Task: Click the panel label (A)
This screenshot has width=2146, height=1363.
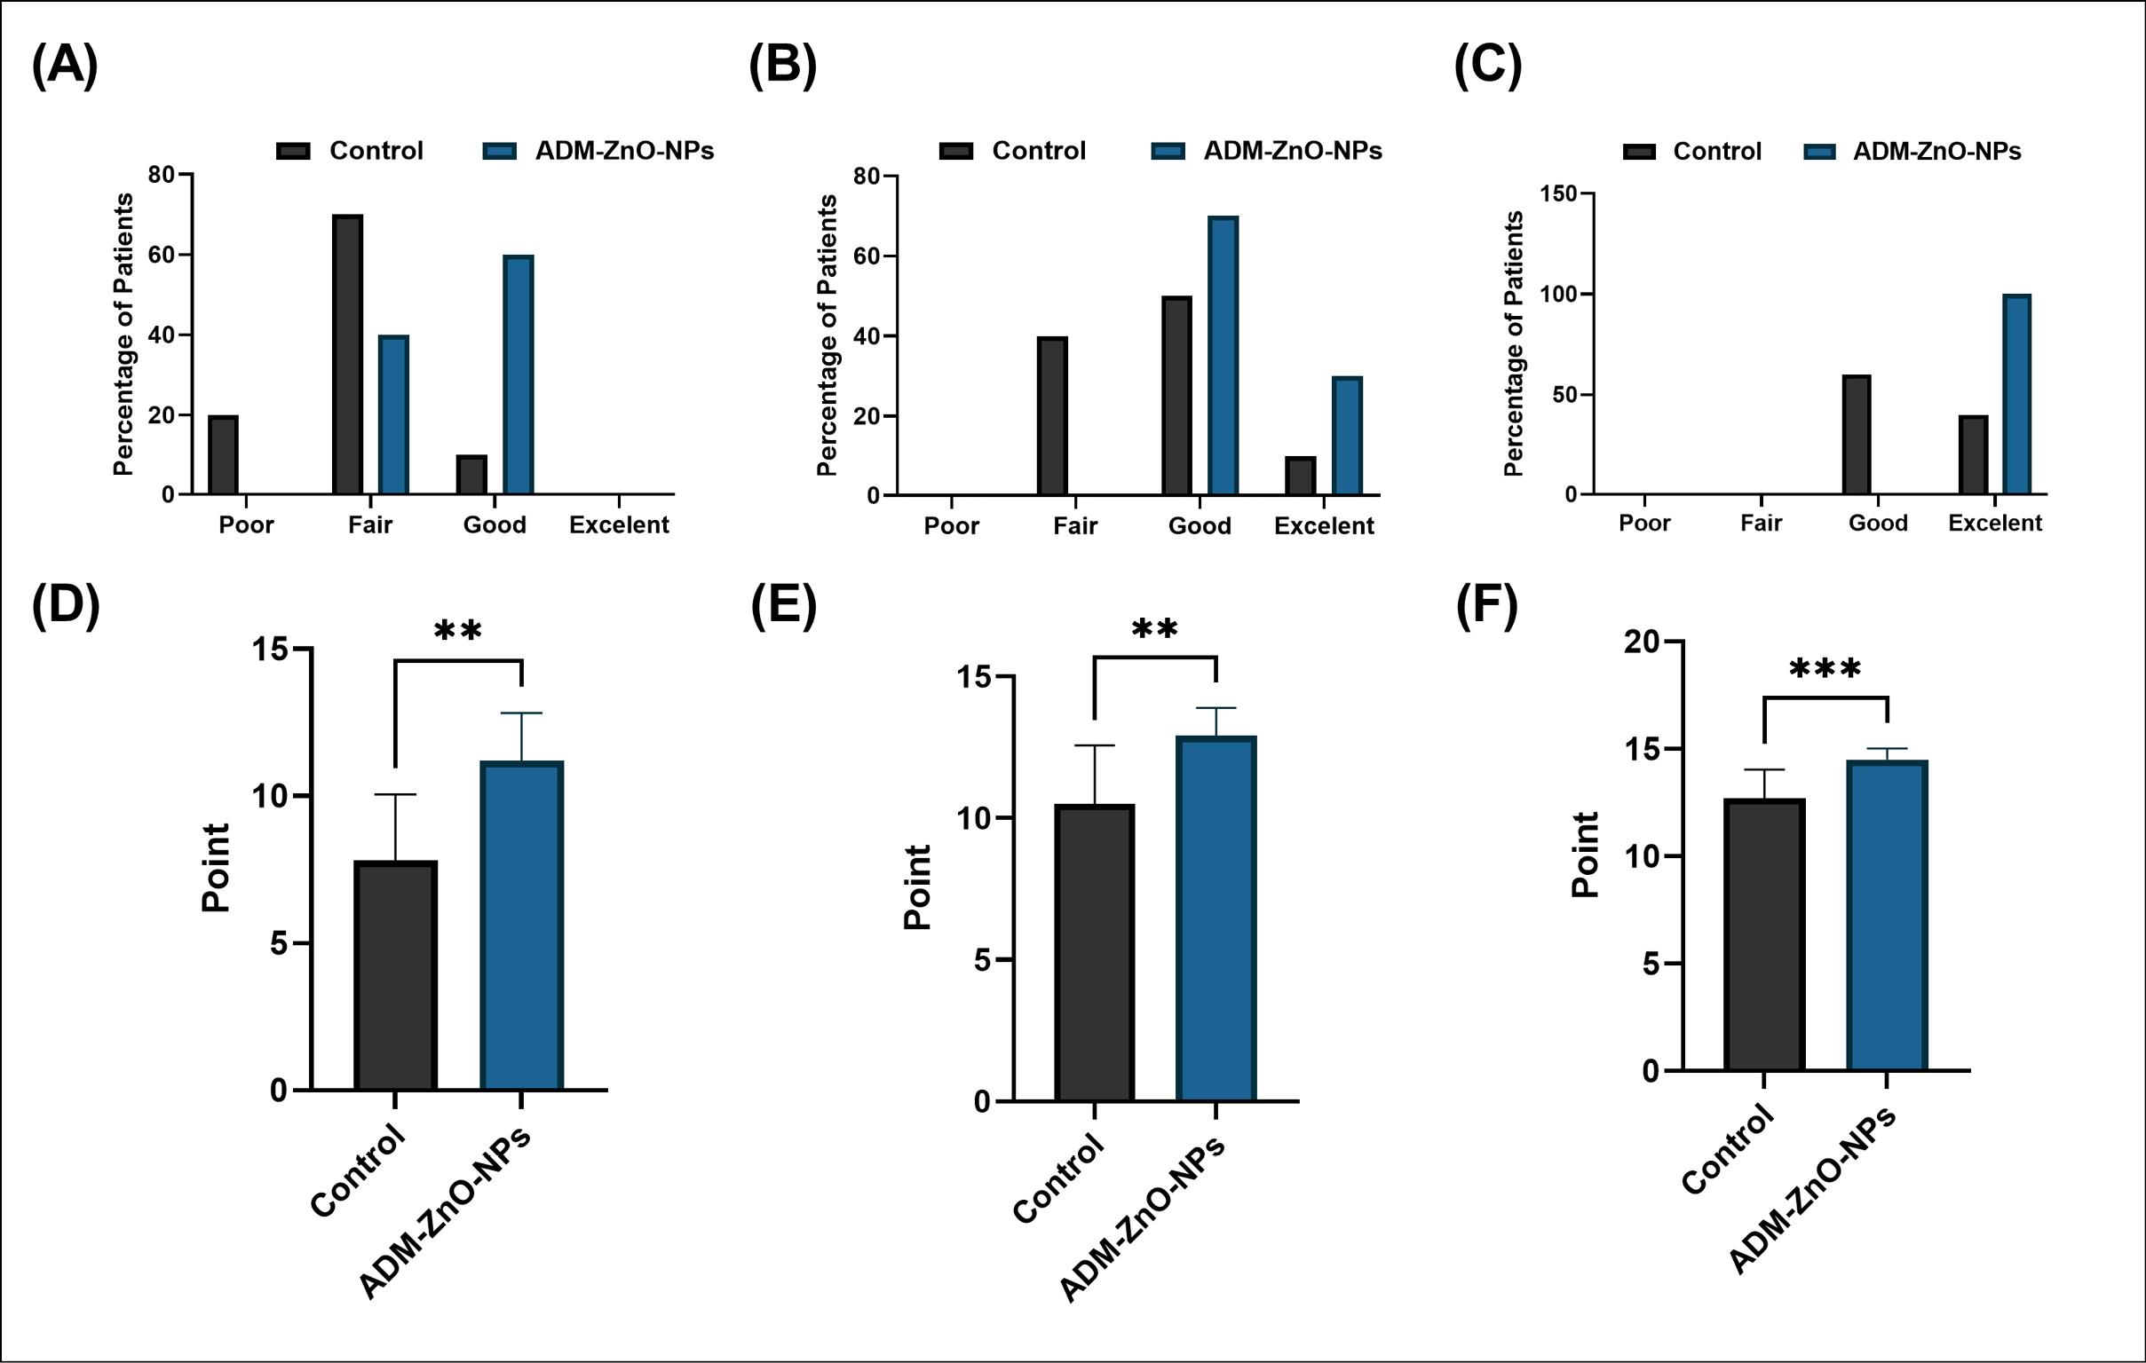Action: (x=64, y=67)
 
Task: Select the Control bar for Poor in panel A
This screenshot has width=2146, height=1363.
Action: (x=223, y=454)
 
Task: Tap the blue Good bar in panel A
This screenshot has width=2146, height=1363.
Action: (x=518, y=375)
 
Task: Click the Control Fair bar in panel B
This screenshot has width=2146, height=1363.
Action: (x=1052, y=416)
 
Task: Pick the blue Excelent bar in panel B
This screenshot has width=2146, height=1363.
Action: (x=1347, y=436)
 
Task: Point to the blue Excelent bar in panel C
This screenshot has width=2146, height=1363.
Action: (x=2016, y=394)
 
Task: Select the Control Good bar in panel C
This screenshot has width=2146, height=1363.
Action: (x=1857, y=435)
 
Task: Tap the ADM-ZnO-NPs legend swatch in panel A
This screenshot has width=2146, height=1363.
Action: (x=499, y=152)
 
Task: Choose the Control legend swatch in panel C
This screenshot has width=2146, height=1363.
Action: (x=1639, y=153)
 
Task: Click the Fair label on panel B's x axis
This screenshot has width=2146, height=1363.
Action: (x=1075, y=526)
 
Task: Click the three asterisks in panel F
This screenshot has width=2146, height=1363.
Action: (x=1825, y=669)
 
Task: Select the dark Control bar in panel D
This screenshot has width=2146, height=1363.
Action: (x=395, y=975)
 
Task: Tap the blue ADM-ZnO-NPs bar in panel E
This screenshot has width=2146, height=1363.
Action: (x=1216, y=918)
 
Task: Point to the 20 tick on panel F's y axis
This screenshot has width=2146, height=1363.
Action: (x=1643, y=642)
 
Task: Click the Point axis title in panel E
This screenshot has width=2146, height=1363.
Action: (x=918, y=887)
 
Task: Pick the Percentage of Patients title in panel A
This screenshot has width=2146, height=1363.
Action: (x=124, y=334)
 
